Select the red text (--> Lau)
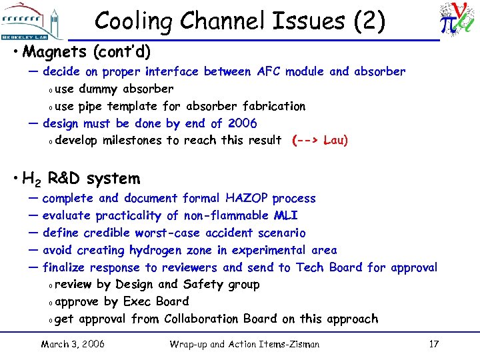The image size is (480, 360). click(320, 141)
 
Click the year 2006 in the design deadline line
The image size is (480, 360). click(242, 123)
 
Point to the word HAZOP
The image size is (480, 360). click(247, 198)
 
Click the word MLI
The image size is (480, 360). click(285, 215)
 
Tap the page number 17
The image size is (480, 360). click(433, 344)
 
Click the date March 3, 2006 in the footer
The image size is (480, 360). click(73, 344)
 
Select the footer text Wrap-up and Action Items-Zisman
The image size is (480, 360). click(245, 344)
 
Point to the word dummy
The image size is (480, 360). click(99, 89)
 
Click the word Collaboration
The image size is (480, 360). click(201, 319)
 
